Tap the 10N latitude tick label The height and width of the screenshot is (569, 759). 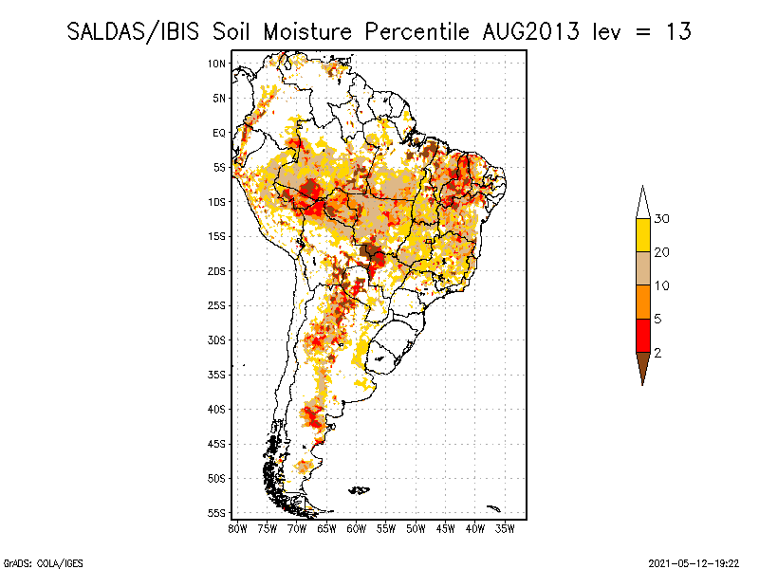pos(217,64)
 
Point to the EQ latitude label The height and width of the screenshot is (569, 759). pos(219,133)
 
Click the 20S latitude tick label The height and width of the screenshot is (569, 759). pos(217,271)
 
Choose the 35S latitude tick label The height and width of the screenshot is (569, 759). pos(217,375)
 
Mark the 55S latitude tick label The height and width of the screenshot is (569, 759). pos(217,513)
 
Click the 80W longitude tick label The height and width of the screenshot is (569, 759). pos(238,528)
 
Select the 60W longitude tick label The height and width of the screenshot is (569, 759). pos(357,528)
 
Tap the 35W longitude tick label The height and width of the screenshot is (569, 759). pos(506,528)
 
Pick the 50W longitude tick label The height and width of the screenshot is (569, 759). pos(417,528)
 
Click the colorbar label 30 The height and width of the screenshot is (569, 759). pos(662,219)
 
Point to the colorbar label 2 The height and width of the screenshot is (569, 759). pos(657,353)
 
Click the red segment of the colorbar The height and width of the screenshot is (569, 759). pos(642,336)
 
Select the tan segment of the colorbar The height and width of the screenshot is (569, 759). pos(642,268)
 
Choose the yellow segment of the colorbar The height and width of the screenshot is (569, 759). pos(642,235)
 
